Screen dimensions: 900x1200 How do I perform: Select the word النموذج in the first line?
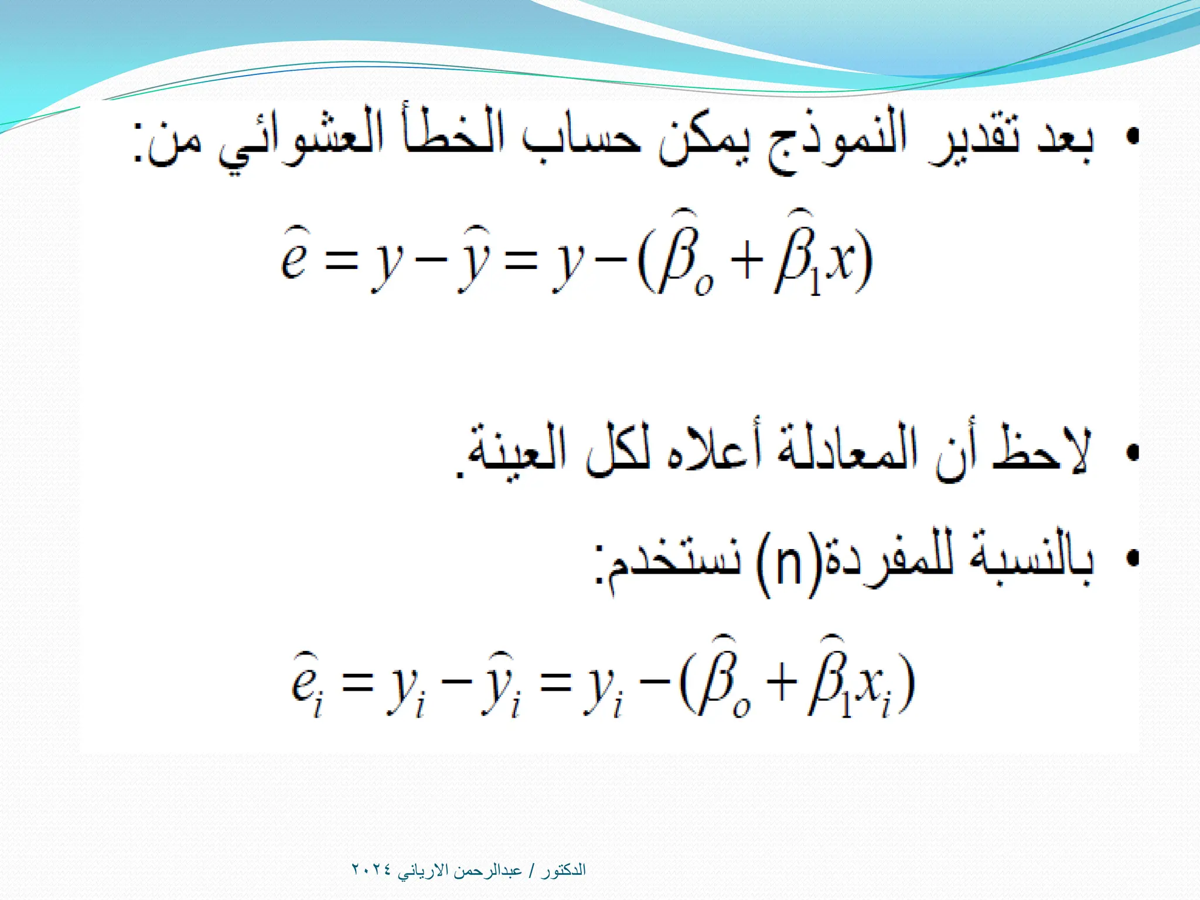[x=838, y=141]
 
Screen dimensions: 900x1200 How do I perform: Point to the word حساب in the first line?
[x=580, y=141]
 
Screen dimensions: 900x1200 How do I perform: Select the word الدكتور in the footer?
[x=563, y=870]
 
